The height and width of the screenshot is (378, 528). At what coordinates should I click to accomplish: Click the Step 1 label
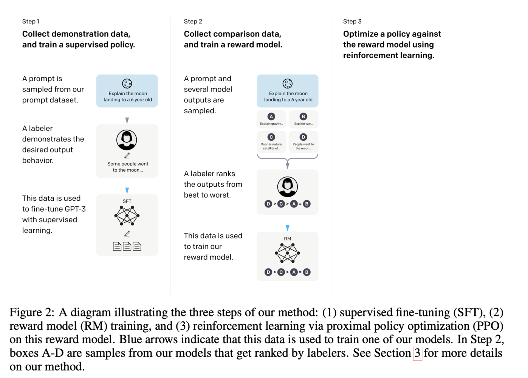tap(31, 22)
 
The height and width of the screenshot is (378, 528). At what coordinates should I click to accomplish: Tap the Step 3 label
tap(352, 22)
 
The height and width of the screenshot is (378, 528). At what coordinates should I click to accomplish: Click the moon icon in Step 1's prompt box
tap(127, 84)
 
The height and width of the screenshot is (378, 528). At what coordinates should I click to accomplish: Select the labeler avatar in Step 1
tap(127, 140)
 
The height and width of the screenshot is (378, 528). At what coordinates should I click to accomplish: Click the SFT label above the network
tap(127, 201)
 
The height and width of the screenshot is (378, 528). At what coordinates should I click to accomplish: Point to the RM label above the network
tap(287, 239)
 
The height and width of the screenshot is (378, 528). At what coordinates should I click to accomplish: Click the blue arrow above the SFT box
tap(127, 191)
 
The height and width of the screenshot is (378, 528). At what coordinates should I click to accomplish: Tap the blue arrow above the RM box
tap(288, 228)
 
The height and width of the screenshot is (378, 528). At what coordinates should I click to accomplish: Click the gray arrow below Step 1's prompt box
tap(127, 120)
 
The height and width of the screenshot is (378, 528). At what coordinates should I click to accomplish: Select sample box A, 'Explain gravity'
tap(271, 119)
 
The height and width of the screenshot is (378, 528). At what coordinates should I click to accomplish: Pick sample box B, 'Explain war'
tap(303, 119)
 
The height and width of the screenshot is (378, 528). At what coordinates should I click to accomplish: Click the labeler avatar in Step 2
tap(287, 187)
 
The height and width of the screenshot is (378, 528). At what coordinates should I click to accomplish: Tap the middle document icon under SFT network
tap(127, 246)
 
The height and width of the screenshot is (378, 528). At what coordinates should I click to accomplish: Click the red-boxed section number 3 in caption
tap(417, 353)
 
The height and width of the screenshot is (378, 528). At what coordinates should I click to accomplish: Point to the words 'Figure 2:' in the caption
tap(32, 313)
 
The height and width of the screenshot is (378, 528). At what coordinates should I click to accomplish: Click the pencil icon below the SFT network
tap(127, 234)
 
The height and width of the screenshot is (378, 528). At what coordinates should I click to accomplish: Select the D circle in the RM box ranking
tap(268, 272)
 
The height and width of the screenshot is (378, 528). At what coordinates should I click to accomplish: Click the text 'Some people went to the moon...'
tap(128, 167)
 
